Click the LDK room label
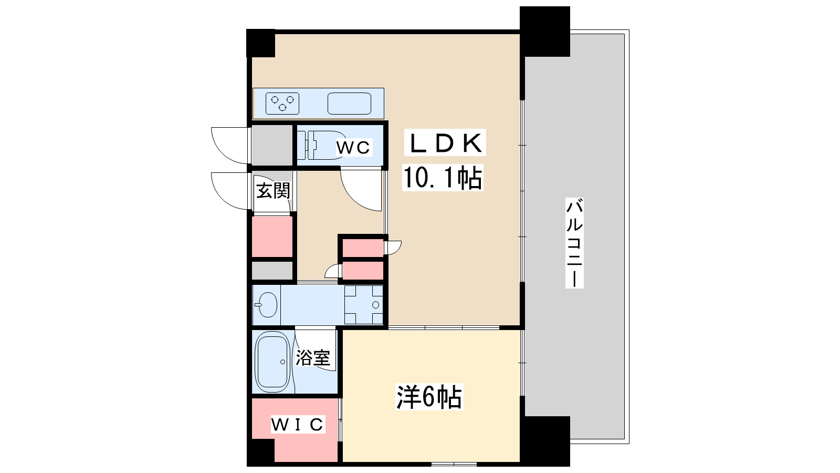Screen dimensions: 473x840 pos(445,143)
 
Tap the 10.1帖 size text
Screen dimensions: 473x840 pos(442,178)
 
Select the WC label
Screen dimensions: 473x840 pos(353,148)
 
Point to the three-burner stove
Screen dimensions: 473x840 pos(282,103)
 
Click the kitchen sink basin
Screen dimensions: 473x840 pos(349,103)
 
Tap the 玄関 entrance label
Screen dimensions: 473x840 pos(272,190)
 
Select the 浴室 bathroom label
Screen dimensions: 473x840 pos(313,358)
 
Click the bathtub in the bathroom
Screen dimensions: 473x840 pos(272,362)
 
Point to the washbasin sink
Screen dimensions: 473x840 pos(267,305)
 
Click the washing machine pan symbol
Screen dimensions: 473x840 pos(364,305)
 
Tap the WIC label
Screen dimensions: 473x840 pos(298,424)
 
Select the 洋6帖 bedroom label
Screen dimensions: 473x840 pos(429,397)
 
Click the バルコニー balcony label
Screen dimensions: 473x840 pos(574,242)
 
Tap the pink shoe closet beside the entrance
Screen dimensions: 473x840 pos(272,236)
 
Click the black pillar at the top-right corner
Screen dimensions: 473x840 pos(544,31)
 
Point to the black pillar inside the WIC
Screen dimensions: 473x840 pos(261,451)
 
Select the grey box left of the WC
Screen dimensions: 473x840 pos(271,145)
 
